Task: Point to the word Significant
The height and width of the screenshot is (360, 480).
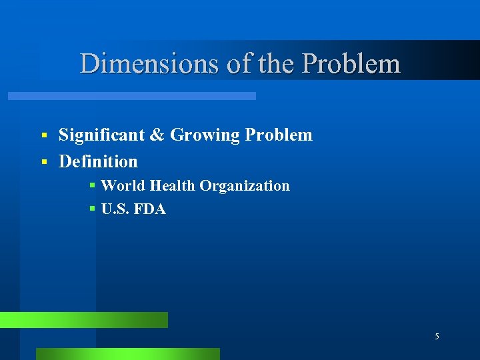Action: pyautogui.click(x=101, y=135)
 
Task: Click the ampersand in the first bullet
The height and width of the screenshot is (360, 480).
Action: pyautogui.click(x=157, y=135)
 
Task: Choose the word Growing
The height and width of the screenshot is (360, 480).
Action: pyautogui.click(x=205, y=136)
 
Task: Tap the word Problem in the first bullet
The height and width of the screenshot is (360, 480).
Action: pyautogui.click(x=279, y=135)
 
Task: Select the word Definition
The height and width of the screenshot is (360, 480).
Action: pyautogui.click(x=98, y=162)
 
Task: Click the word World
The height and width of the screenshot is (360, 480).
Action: pyautogui.click(x=122, y=186)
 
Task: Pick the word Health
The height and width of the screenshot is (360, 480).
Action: pyautogui.click(x=171, y=186)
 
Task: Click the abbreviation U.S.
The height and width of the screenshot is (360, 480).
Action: pyautogui.click(x=115, y=209)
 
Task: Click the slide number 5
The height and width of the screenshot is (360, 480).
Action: pyautogui.click(x=437, y=337)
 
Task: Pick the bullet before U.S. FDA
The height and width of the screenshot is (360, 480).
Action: pyautogui.click(x=93, y=210)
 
